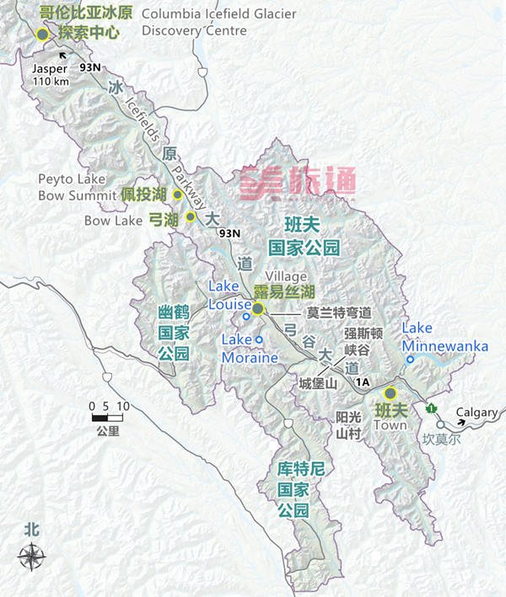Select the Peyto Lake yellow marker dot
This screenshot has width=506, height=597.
[178, 195]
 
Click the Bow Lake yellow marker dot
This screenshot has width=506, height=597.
[191, 216]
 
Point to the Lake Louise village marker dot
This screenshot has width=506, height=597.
[258, 309]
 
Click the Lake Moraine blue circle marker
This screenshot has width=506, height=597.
[259, 339]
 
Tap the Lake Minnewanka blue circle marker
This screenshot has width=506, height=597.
[410, 359]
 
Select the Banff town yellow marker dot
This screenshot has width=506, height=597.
[390, 392]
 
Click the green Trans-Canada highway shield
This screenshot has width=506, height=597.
[432, 408]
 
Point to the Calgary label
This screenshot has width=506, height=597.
[476, 413]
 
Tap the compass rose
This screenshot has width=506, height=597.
[32, 557]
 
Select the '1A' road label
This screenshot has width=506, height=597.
[363, 383]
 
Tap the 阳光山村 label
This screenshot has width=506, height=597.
[347, 425]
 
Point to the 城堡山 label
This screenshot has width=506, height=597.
[318, 383]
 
